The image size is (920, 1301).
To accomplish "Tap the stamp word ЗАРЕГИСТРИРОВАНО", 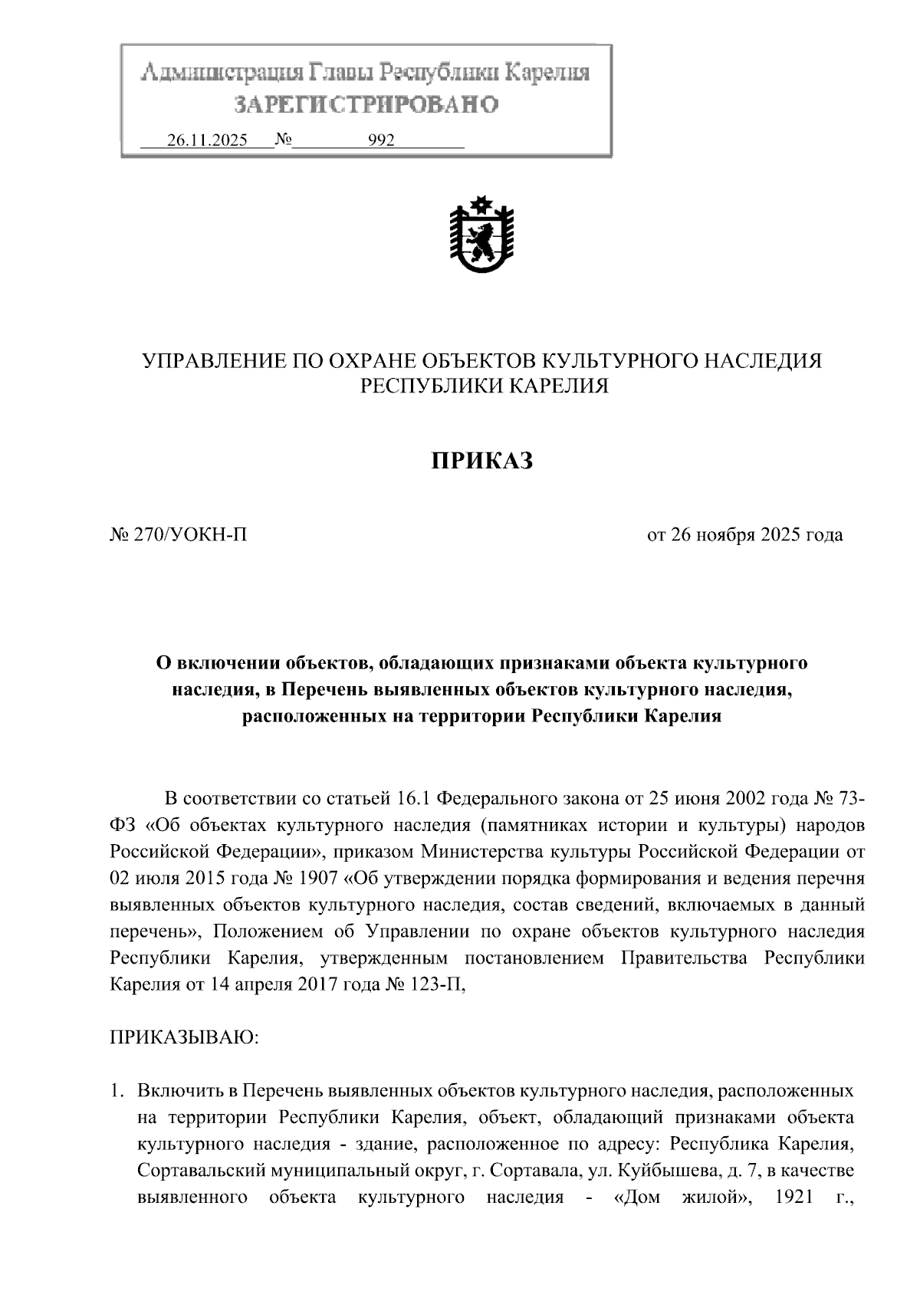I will (366, 104).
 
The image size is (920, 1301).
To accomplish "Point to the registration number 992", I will (381, 141).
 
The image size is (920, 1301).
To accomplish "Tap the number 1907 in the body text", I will (310, 878).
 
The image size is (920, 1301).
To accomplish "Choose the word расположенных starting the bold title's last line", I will (305, 717).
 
